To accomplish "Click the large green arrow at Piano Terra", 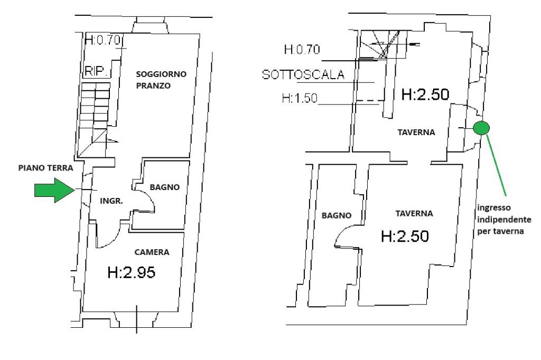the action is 54,190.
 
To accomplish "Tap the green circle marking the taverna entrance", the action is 481,128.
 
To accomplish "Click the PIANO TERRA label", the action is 45,168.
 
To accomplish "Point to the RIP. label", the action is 96,71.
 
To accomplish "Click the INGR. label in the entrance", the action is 111,201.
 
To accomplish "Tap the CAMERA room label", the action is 152,252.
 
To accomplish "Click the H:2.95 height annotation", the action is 131,272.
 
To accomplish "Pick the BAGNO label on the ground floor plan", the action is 165,187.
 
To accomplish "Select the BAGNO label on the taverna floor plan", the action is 337,215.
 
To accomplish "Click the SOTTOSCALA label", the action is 303,74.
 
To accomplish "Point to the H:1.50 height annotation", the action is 300,98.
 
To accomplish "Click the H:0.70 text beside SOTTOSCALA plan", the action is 302,50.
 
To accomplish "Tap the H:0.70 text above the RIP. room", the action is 103,40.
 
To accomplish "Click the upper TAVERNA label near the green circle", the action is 416,132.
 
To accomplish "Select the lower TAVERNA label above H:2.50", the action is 414,214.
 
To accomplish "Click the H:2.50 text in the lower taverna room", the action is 405,236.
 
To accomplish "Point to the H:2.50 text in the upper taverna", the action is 425,94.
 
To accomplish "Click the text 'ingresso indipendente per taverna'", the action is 504,219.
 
